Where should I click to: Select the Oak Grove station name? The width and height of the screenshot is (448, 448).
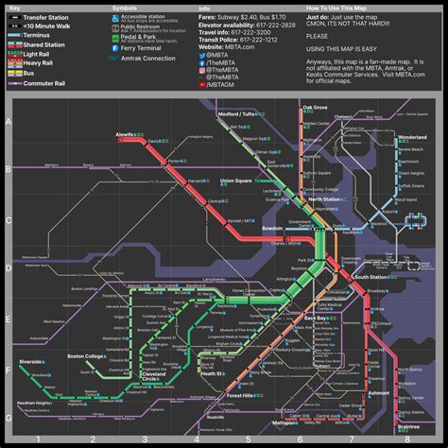(315, 109)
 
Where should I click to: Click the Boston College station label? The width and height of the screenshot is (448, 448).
(88, 355)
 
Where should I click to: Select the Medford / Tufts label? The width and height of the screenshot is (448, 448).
(237, 113)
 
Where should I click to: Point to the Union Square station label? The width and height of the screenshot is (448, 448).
(235, 180)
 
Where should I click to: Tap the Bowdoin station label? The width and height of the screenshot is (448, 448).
(272, 228)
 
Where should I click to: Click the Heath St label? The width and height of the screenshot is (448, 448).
(212, 373)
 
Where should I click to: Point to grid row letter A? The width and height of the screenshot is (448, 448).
(9, 122)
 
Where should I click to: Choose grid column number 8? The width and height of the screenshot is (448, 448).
(406, 439)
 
